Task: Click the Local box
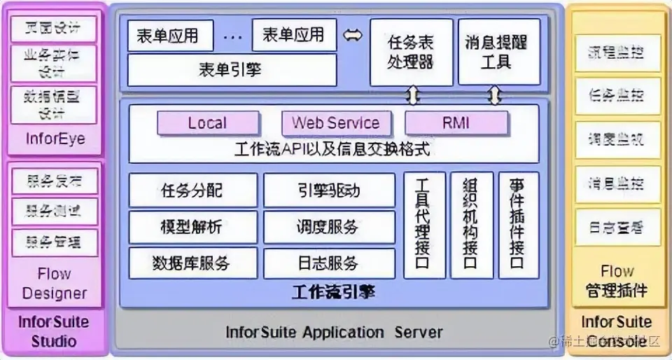pyautogui.click(x=207, y=124)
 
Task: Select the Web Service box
pyautogui.click(x=335, y=124)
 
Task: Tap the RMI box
pyautogui.click(x=456, y=124)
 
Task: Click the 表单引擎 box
pyautogui.click(x=231, y=69)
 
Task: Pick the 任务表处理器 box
pyautogui.click(x=412, y=52)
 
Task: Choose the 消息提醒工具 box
pyautogui.click(x=496, y=52)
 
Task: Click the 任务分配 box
pyautogui.click(x=192, y=190)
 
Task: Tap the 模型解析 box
pyautogui.click(x=192, y=227)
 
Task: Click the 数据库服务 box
pyautogui.click(x=192, y=263)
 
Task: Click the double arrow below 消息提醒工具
pyautogui.click(x=496, y=95)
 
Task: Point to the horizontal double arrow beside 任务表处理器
pyautogui.click(x=353, y=34)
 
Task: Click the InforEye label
pyautogui.click(x=55, y=139)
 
